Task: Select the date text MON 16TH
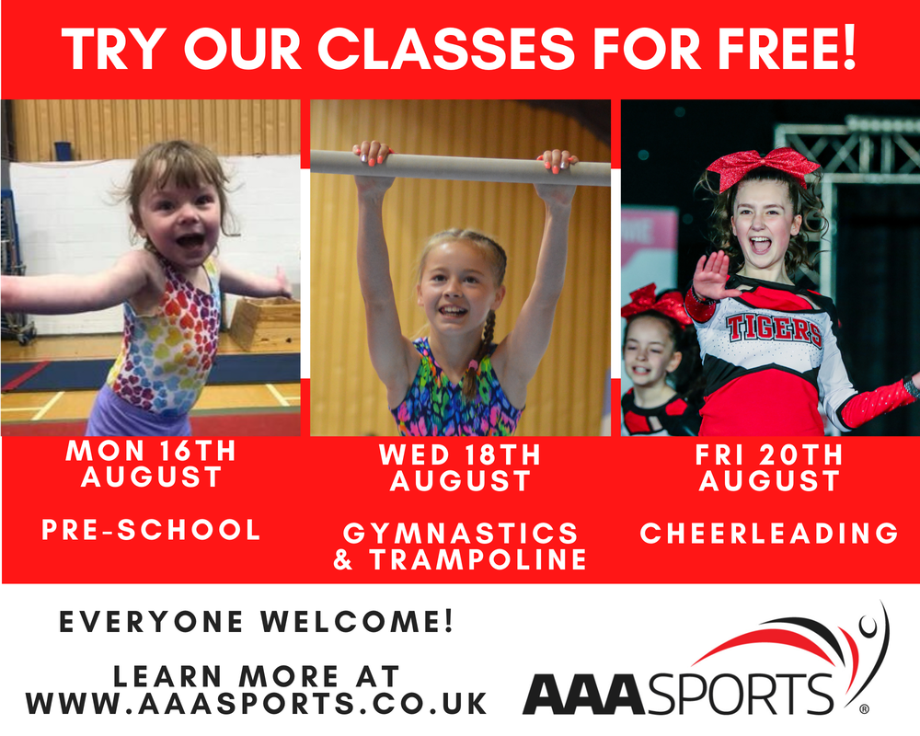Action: tap(151, 451)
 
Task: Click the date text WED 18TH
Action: tap(460, 454)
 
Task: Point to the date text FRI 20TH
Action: tap(768, 454)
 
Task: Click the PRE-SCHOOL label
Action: tap(152, 529)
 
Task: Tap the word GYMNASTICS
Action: tap(461, 534)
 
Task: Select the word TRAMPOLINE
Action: tap(477, 559)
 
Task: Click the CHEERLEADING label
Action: tap(769, 533)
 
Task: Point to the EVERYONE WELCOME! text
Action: tap(257, 622)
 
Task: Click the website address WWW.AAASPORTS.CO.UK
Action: tap(257, 703)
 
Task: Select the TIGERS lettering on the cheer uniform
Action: tap(774, 328)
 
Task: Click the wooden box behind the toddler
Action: tap(265, 324)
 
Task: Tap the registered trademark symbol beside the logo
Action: tap(864, 709)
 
